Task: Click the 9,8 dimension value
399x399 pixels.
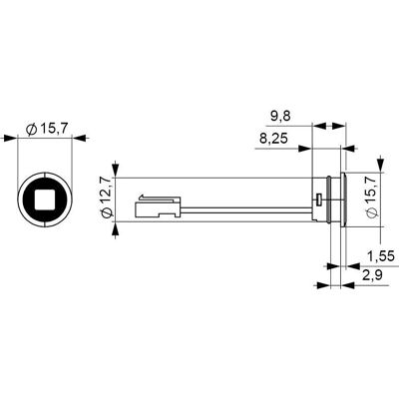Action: pyautogui.click(x=280, y=117)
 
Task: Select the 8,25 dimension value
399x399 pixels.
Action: pyautogui.click(x=273, y=139)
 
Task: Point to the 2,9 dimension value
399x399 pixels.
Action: pyautogui.click(x=371, y=275)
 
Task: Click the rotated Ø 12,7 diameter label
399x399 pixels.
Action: pyautogui.click(x=107, y=198)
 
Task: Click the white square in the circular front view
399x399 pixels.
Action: pyautogui.click(x=45, y=199)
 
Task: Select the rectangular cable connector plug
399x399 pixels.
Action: pyautogui.click(x=158, y=207)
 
